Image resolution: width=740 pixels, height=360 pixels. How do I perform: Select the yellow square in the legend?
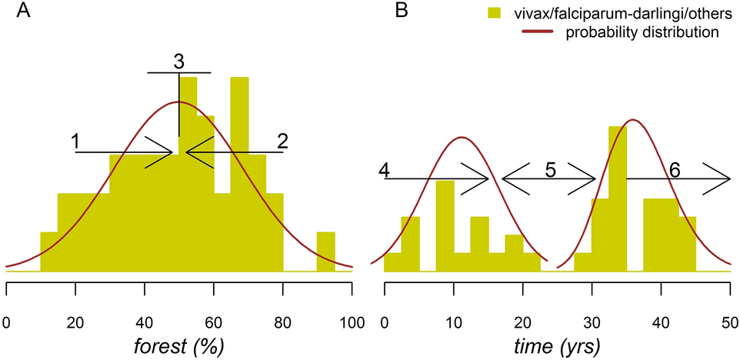(495, 13)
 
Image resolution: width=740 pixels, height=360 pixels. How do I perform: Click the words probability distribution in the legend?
(642, 33)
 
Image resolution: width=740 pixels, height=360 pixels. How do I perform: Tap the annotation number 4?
(384, 170)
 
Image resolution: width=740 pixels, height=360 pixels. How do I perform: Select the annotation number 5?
(550, 170)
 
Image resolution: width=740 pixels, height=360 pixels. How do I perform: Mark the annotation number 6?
(675, 170)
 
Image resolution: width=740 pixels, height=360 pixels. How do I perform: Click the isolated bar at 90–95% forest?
(325, 252)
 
